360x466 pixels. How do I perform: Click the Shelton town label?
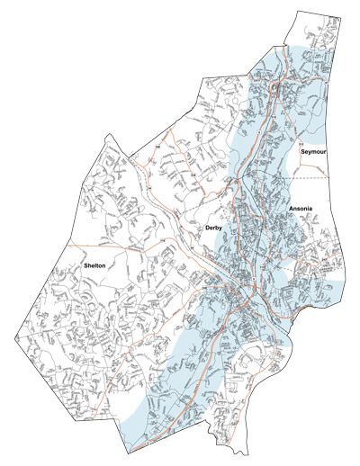pyautogui.click(x=94, y=266)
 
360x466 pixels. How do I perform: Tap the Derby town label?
pyautogui.click(x=213, y=229)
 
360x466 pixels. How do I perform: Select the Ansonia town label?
pyautogui.click(x=300, y=210)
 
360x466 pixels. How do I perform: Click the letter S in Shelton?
pyautogui.click(x=85, y=266)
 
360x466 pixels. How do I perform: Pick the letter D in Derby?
pyautogui.click(x=207, y=229)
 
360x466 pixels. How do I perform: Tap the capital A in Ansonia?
pyautogui.click(x=291, y=210)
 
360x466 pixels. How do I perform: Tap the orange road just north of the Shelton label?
pyautogui.click(x=99, y=245)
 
